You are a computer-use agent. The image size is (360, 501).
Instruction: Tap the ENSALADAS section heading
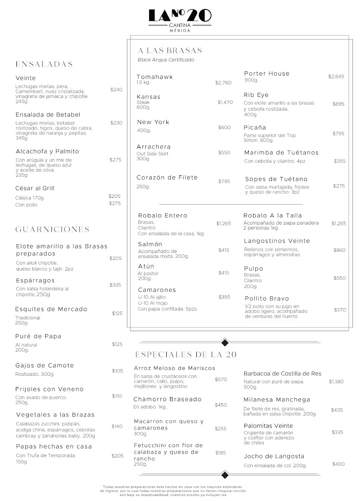point(44,64)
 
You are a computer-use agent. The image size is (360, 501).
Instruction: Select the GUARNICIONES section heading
point(53,230)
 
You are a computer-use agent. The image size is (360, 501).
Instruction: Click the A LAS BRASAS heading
point(170,51)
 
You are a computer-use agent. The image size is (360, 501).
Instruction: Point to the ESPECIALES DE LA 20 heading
point(186,355)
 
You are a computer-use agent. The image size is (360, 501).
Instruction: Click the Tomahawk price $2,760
point(223,83)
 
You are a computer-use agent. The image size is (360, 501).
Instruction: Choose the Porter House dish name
point(266,74)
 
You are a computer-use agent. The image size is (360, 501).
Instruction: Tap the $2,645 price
point(336,77)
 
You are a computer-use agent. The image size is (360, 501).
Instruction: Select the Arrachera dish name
point(154,147)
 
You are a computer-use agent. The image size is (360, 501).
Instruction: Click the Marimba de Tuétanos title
point(281,153)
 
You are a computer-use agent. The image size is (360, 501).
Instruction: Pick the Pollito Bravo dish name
point(267,299)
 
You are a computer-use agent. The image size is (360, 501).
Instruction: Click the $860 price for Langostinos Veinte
point(340,250)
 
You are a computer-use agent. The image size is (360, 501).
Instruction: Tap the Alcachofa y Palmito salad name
point(47,152)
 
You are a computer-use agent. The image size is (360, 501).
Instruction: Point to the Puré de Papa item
point(38,337)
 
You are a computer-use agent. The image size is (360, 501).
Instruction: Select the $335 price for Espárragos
point(115,285)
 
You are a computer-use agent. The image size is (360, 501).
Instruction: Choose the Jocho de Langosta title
point(274,457)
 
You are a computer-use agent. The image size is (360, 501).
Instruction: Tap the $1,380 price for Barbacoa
point(336,382)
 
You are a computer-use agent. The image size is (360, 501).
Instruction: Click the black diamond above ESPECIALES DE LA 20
point(225,343)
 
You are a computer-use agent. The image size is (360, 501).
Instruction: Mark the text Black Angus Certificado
point(166,60)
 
